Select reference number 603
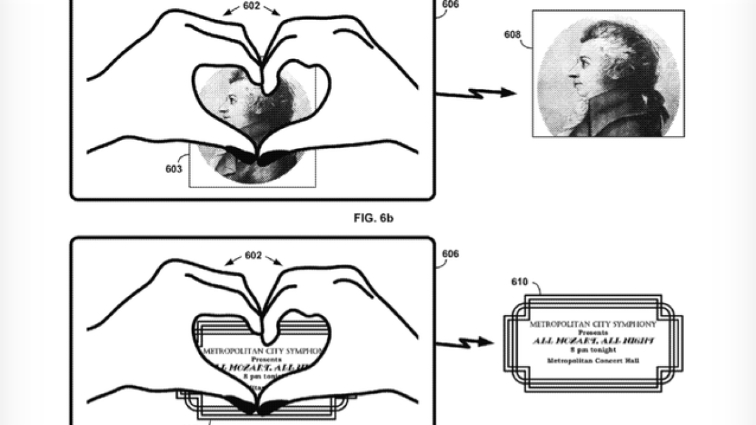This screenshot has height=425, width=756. point(174,169)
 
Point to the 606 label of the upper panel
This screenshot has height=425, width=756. point(451,5)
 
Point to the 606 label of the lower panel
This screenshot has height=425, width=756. point(451,254)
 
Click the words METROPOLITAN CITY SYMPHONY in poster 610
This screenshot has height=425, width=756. point(592,324)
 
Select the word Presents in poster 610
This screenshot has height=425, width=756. point(592,332)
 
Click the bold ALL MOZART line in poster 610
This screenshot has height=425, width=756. point(592,340)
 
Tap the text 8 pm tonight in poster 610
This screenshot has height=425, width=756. point(592,349)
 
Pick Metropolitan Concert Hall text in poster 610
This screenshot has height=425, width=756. point(592,360)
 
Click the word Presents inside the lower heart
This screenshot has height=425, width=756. point(258,358)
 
